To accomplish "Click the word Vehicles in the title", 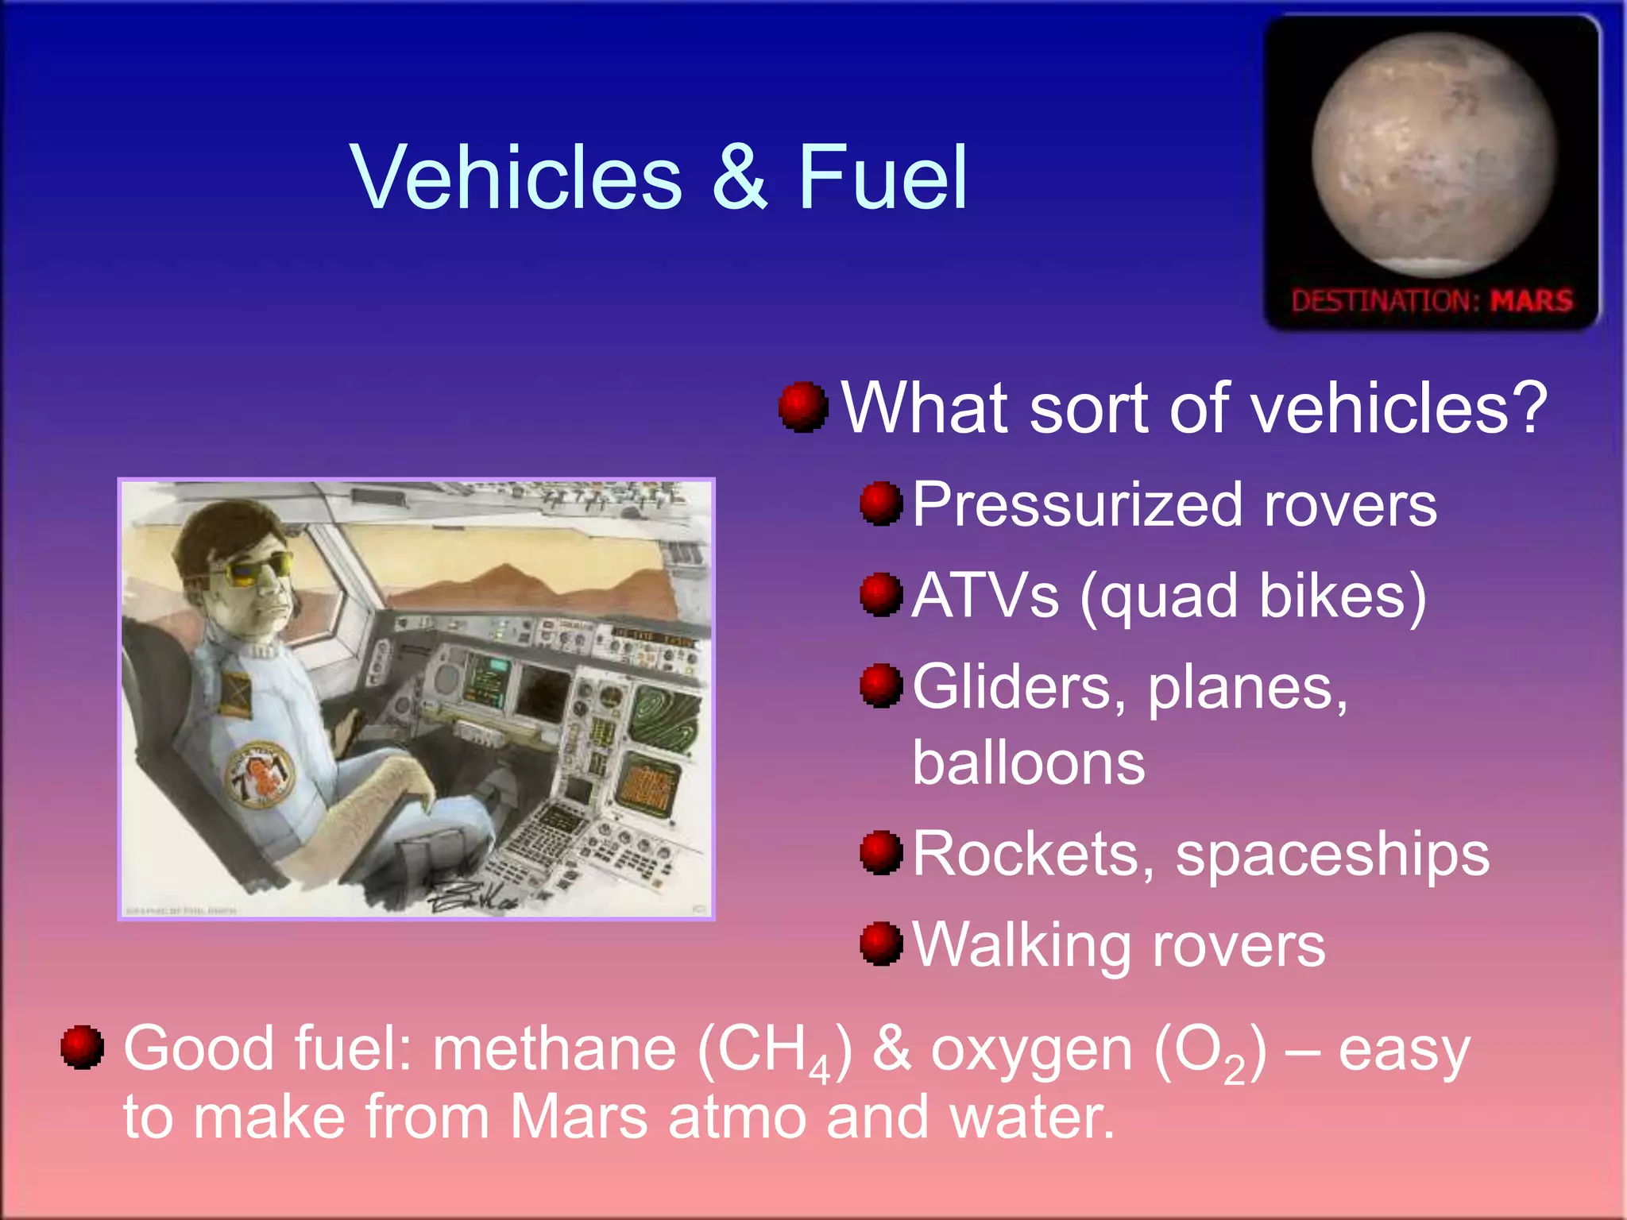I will click(516, 178).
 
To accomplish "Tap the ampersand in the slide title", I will click(739, 178).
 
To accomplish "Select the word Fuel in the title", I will click(882, 178).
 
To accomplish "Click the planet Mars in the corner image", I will click(1434, 155).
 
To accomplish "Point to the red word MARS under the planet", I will click(1531, 301).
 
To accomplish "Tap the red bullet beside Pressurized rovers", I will click(881, 504).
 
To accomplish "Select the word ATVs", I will click(985, 596).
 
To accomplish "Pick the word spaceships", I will click(1332, 855).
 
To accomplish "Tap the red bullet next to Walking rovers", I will click(881, 944).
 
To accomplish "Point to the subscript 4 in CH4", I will click(819, 1071).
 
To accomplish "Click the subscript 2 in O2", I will click(1234, 1071).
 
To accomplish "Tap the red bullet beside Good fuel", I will click(83, 1047).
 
